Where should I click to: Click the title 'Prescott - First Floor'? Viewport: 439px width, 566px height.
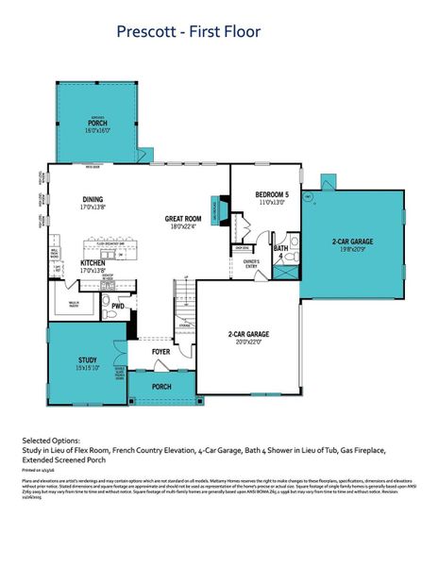(188, 32)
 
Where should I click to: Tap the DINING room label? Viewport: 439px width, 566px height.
(93, 199)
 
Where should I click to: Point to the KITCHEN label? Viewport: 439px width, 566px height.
(93, 262)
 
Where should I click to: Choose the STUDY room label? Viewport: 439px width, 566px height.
(88, 359)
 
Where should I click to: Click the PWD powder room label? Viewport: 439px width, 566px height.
(118, 306)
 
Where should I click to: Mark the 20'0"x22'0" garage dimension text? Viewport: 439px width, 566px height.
(248, 341)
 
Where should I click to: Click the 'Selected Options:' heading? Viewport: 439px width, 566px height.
(53, 441)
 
